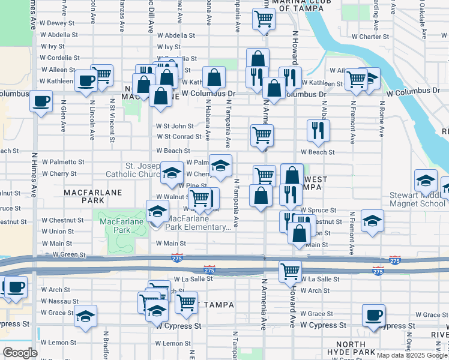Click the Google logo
[x=20, y=353]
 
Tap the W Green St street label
[x=69, y=255]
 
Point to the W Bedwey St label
[x=57, y=23]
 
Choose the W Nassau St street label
[x=60, y=301]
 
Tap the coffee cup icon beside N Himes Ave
[x=41, y=101]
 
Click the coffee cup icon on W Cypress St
[x=373, y=315]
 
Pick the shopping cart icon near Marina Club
[x=264, y=19]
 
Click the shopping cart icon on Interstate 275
[x=290, y=271]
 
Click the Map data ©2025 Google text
[x=411, y=355]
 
